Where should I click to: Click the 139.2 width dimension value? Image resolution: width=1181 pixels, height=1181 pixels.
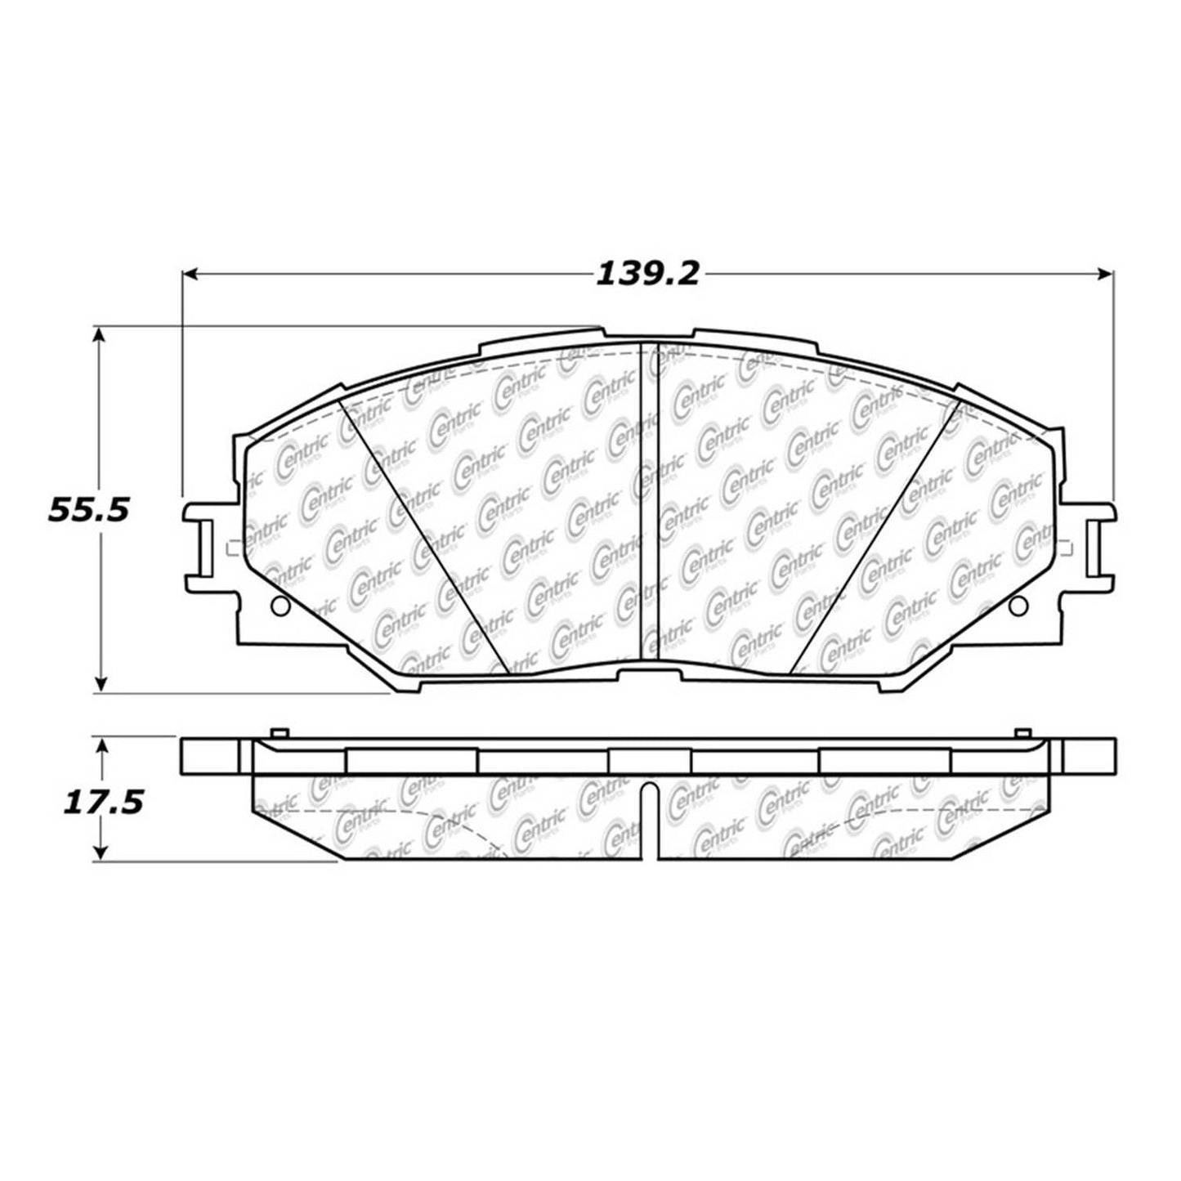tap(647, 274)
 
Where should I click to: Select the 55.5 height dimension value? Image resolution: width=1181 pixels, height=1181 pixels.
tap(89, 510)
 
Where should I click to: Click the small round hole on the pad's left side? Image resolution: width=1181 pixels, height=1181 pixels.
tap(279, 606)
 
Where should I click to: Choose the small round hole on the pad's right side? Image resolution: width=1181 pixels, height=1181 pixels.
tap(1018, 606)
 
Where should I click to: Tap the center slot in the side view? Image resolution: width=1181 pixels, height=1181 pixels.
tap(648, 821)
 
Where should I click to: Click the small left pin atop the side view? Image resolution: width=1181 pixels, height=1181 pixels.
tap(278, 733)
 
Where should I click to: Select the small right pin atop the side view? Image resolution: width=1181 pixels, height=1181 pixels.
tap(1020, 733)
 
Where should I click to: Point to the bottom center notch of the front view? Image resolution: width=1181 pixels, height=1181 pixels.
tap(648, 673)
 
